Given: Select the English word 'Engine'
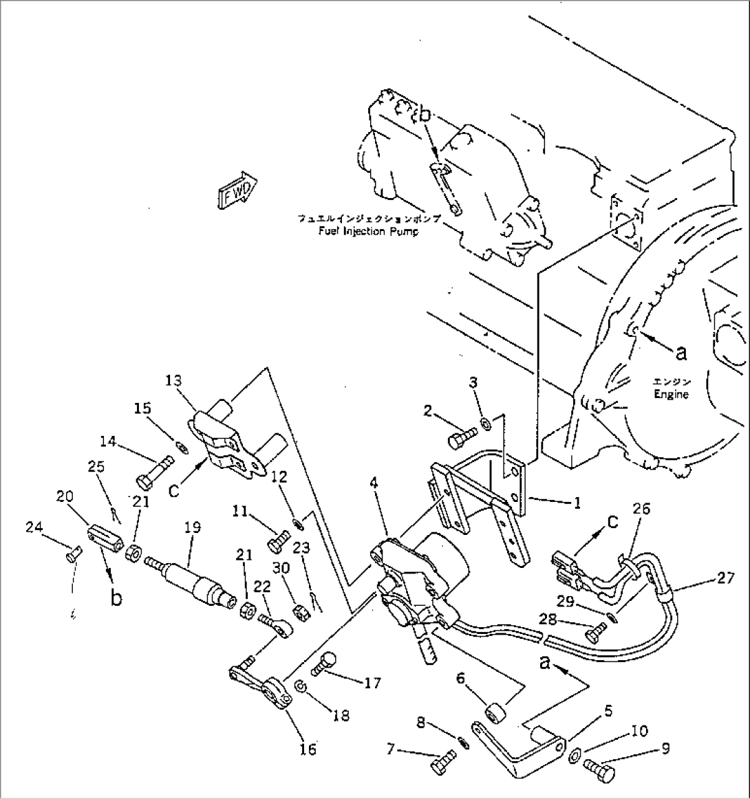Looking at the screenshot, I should [x=670, y=395].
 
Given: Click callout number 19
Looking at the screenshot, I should [x=193, y=527].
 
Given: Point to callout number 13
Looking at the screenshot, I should [x=173, y=380].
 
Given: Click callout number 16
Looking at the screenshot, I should [x=308, y=749].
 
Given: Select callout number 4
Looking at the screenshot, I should [x=374, y=483].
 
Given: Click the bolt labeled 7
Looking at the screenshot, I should [x=442, y=765].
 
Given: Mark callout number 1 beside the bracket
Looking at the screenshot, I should [x=577, y=503].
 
